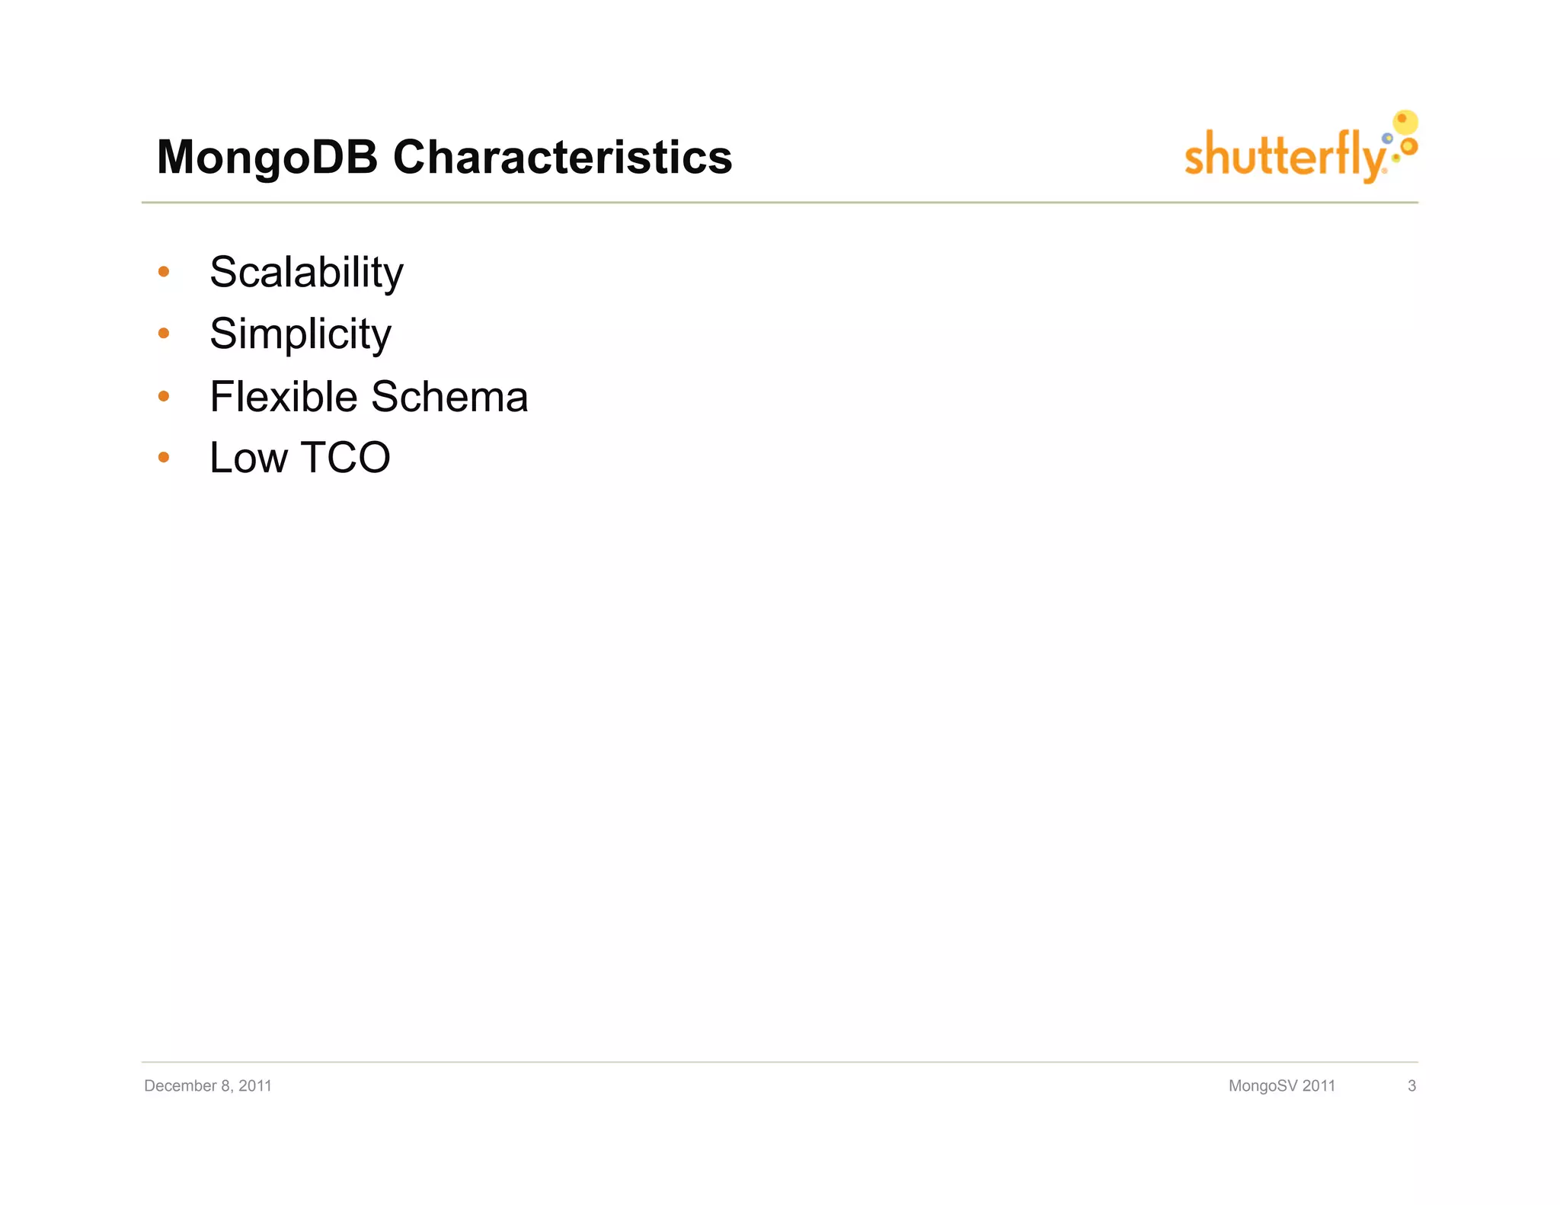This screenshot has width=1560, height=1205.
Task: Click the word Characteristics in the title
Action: (x=562, y=158)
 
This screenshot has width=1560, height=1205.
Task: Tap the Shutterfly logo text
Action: (x=1284, y=156)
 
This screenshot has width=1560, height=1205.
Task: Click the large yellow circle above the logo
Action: (x=1405, y=122)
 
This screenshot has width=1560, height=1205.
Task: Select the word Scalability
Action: (x=306, y=272)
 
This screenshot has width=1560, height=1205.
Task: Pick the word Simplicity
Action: (x=300, y=334)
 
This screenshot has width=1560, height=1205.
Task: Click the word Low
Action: (x=248, y=458)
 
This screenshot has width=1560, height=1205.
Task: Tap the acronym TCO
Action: (x=346, y=458)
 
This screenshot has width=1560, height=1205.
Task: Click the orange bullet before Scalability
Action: (x=163, y=272)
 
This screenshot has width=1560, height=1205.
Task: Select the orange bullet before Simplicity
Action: (x=163, y=333)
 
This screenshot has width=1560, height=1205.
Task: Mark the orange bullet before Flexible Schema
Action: (x=163, y=396)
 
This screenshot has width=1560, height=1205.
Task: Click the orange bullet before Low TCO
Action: (x=163, y=457)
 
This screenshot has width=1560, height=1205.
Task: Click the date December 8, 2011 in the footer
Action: (x=208, y=1085)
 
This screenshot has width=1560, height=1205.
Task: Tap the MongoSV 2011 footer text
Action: (x=1282, y=1085)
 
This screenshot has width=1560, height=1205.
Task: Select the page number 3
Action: (x=1411, y=1085)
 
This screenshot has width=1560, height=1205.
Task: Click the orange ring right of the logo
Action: (x=1409, y=145)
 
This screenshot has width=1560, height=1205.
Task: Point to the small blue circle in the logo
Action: (x=1387, y=139)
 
